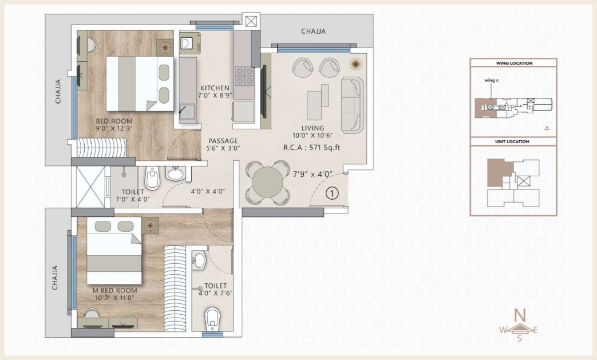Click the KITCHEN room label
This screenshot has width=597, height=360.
point(215,88)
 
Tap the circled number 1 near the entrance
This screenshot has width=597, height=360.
point(332,193)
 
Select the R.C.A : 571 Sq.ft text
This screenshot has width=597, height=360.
point(311,147)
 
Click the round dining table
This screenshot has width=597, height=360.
point(268,183)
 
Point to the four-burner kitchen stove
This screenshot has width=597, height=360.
point(244,76)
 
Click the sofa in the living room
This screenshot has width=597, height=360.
point(352,105)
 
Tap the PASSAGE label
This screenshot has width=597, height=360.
point(223,141)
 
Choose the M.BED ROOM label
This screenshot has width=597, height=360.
point(114,290)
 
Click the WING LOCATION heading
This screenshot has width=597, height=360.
point(514,63)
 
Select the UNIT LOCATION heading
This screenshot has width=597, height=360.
point(512,141)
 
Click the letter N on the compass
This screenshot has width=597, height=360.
point(520,315)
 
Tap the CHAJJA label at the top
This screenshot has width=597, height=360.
point(313,31)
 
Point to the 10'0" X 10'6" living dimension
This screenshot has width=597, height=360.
point(313,136)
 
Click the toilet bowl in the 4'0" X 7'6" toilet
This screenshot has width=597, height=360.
point(212,319)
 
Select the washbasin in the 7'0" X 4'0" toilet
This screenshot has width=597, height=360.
point(176,173)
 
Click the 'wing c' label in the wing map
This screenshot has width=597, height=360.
point(491,80)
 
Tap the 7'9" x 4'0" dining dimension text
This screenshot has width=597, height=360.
point(313,175)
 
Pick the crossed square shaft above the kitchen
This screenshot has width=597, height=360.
point(251,21)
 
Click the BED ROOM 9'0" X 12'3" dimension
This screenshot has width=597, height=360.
point(114,129)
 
